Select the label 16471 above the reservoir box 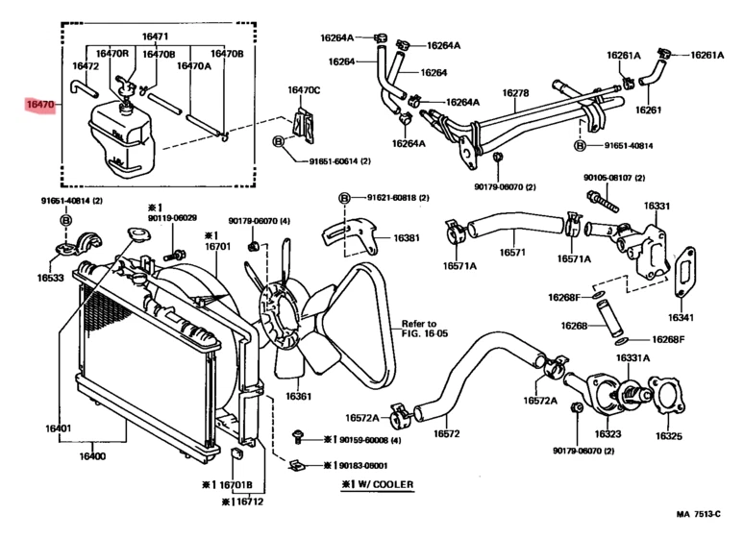155,37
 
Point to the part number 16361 298,396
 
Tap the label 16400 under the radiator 93,456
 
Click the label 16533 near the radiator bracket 50,278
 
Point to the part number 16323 608,434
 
